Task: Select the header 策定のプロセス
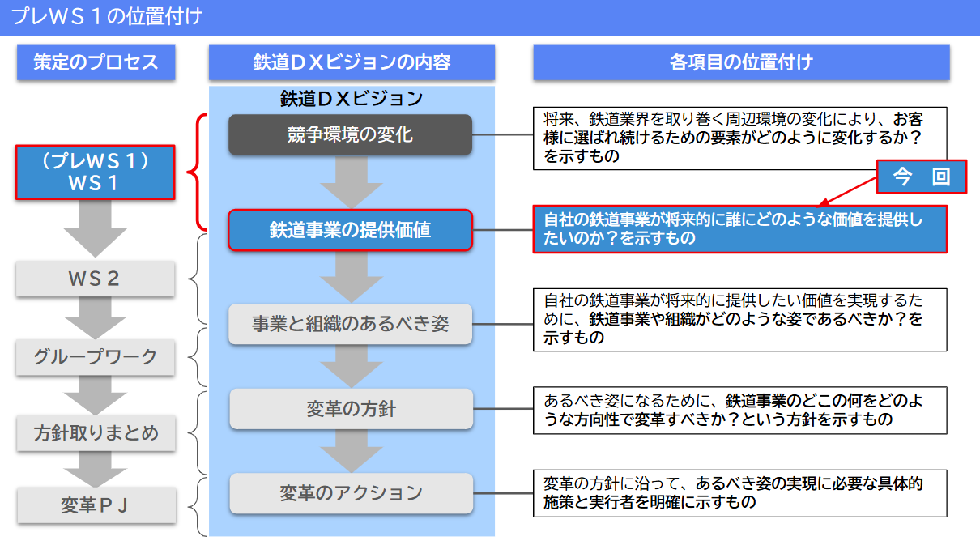96,62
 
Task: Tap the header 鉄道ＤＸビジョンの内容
352,62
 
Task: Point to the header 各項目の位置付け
741,62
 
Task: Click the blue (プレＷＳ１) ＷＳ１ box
96,172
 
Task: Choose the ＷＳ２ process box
96,279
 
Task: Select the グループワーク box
96,356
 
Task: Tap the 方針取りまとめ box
96,433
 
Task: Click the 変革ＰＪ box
96,505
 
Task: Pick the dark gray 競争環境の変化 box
350,134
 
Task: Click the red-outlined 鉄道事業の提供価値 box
350,230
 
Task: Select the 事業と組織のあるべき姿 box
350,324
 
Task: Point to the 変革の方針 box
350,409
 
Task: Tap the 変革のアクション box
350,492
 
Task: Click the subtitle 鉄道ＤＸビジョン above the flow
352,99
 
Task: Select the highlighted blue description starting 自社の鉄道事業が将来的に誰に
739,229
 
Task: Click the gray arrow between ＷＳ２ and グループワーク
96,317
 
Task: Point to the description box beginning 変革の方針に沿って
739,492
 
